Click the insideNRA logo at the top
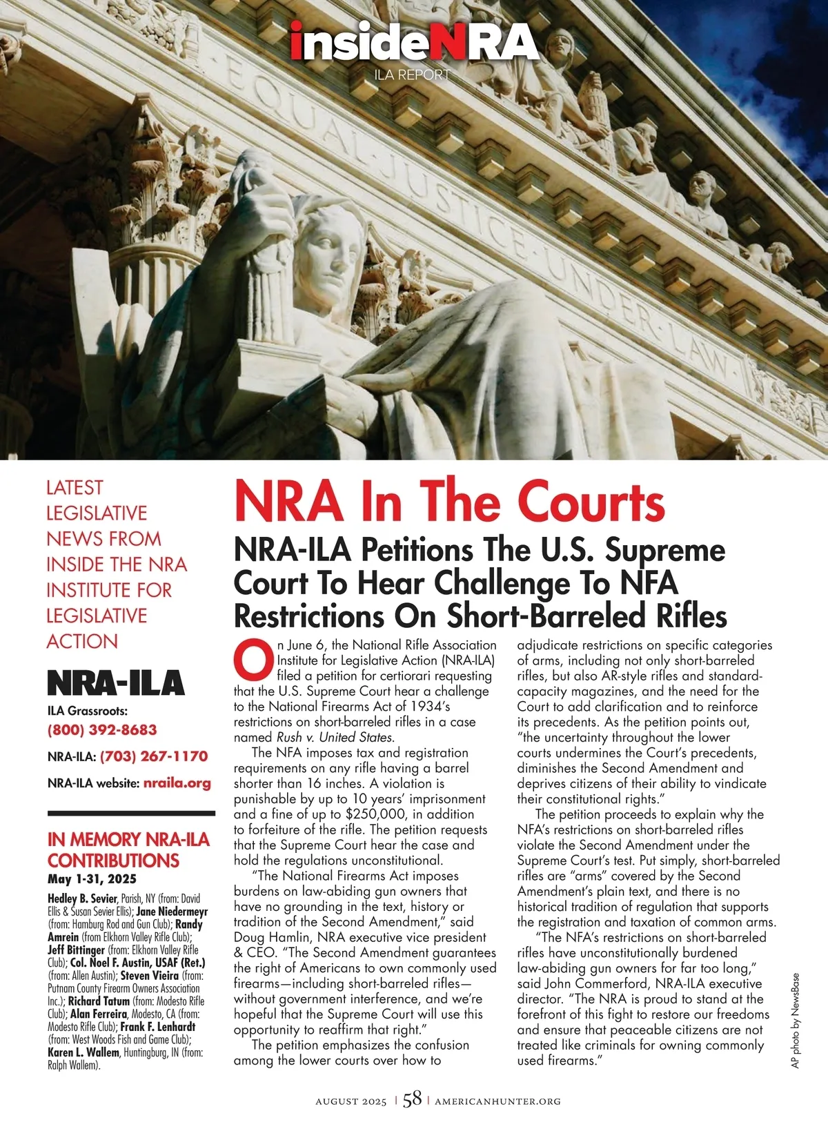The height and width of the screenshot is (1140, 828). (x=413, y=43)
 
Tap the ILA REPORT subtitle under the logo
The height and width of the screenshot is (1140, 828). (x=412, y=75)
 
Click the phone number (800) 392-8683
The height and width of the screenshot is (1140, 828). (x=102, y=729)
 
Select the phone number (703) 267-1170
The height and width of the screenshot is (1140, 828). (x=154, y=756)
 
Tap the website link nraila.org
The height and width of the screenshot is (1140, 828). (x=177, y=783)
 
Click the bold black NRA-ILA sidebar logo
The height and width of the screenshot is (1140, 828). (x=115, y=683)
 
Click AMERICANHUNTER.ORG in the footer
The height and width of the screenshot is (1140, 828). (x=497, y=1101)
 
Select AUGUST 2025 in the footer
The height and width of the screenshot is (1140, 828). (x=351, y=1101)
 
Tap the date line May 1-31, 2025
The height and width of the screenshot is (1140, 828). (x=92, y=879)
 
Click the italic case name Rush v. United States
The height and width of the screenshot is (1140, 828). (x=335, y=737)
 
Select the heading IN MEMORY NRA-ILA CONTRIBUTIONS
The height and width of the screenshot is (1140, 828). (x=128, y=849)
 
